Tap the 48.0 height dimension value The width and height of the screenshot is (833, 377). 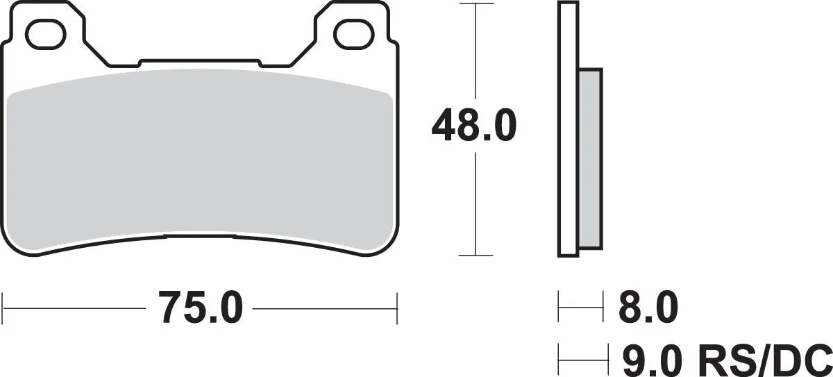(x=474, y=125)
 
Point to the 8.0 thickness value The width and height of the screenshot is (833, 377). (x=648, y=308)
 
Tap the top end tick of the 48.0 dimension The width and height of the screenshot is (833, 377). (x=475, y=4)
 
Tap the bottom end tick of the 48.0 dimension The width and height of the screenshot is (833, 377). (x=475, y=255)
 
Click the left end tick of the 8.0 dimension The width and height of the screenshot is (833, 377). (x=559, y=307)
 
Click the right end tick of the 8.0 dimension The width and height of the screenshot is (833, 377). (x=603, y=307)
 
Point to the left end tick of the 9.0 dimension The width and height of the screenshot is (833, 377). (x=559, y=360)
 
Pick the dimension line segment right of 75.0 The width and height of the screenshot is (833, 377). (x=323, y=306)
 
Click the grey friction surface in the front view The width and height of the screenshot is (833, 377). (x=201, y=160)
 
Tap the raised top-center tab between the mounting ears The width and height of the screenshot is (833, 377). (x=201, y=63)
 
